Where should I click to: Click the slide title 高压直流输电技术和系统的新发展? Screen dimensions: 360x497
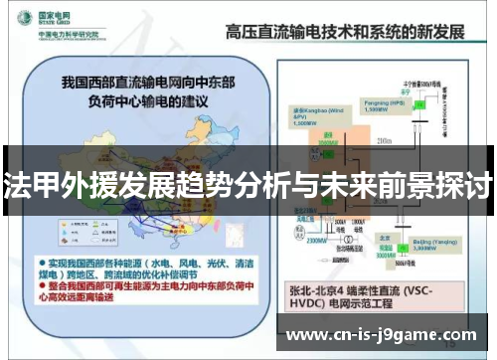coord(351,32)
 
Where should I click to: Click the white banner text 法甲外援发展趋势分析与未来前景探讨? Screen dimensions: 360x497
coord(248,184)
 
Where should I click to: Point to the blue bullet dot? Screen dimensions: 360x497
coord(43,260)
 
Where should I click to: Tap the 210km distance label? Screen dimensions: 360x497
coord(385,143)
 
